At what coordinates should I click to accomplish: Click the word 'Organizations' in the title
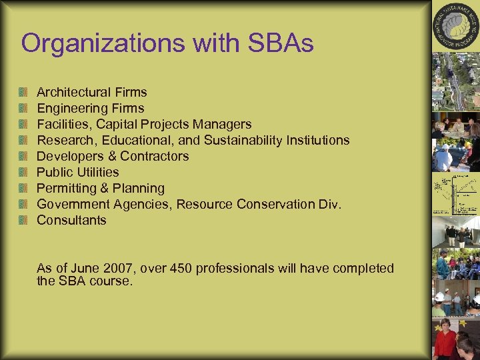[100, 43]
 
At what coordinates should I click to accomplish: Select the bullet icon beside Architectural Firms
[25, 92]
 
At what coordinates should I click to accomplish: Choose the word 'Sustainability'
[244, 140]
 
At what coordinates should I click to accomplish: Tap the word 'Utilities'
[97, 172]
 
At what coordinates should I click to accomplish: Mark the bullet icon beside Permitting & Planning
[25, 188]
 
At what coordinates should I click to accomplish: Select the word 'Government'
[71, 204]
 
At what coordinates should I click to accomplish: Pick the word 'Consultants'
[71, 220]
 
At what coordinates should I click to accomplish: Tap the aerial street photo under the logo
[456, 80]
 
